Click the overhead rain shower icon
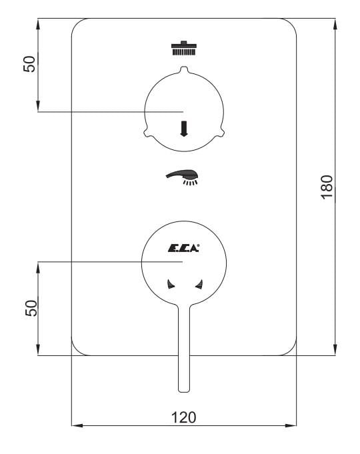[184, 48]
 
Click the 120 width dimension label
[183, 417]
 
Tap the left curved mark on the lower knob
[170, 285]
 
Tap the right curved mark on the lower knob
[198, 285]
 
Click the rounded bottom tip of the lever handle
[184, 388]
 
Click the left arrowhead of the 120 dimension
[75, 425]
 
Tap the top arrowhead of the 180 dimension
[334, 21]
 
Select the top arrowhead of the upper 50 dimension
[38, 21]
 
